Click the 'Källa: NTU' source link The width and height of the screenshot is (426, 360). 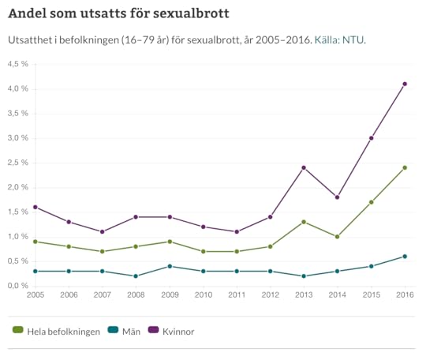coord(339,39)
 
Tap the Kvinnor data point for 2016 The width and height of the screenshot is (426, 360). coord(405,84)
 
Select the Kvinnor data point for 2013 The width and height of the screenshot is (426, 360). coord(304,167)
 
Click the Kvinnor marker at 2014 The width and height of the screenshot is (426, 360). coord(338,197)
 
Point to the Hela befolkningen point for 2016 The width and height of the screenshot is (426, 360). coord(405,167)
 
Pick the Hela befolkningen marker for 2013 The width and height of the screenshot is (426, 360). coord(304,222)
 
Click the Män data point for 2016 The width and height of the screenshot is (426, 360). coord(405,256)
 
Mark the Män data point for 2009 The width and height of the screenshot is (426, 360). coord(170,266)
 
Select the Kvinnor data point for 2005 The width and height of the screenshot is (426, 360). coord(35,207)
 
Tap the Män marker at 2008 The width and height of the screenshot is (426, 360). coord(136,276)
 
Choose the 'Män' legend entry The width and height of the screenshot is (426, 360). coord(125,332)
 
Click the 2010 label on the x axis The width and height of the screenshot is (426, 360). coord(203,296)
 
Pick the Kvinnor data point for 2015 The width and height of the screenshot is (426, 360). coord(371,138)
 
